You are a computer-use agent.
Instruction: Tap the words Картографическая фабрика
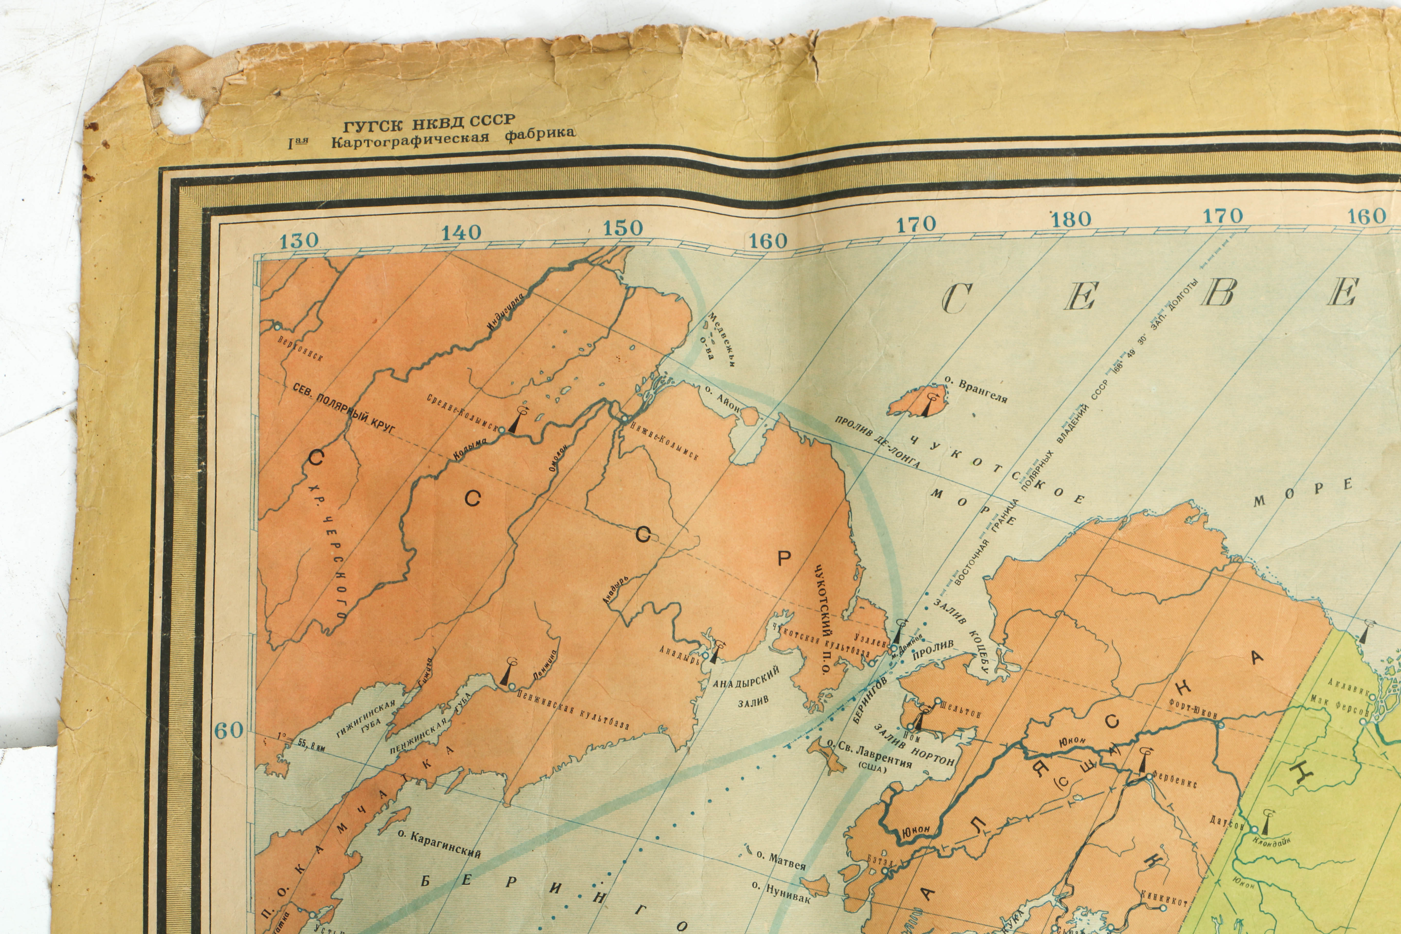click(x=453, y=138)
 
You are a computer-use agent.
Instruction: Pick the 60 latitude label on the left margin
click(x=229, y=730)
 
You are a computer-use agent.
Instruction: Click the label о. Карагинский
click(x=440, y=844)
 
